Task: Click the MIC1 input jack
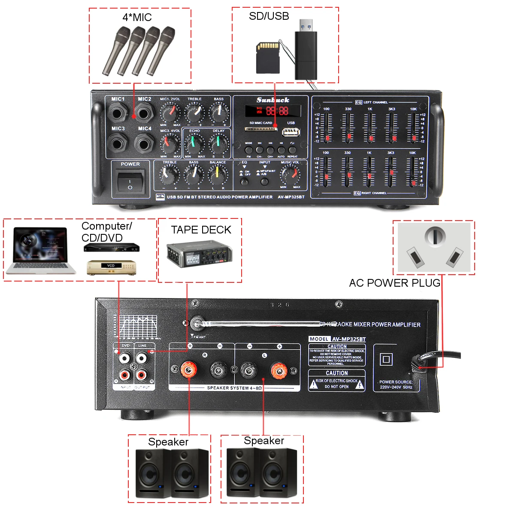[117, 114]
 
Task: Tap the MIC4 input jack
[144, 143]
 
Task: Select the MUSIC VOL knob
[290, 175]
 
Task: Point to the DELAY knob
[218, 143]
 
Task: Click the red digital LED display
[273, 111]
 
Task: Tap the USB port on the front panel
[291, 132]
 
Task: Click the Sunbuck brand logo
[273, 100]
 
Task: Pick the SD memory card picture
[268, 58]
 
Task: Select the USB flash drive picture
[306, 50]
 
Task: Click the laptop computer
[40, 251]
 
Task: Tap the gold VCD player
[111, 267]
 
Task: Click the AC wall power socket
[434, 247]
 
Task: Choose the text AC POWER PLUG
[394, 283]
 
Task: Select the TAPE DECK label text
[201, 230]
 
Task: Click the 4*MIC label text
[137, 18]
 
